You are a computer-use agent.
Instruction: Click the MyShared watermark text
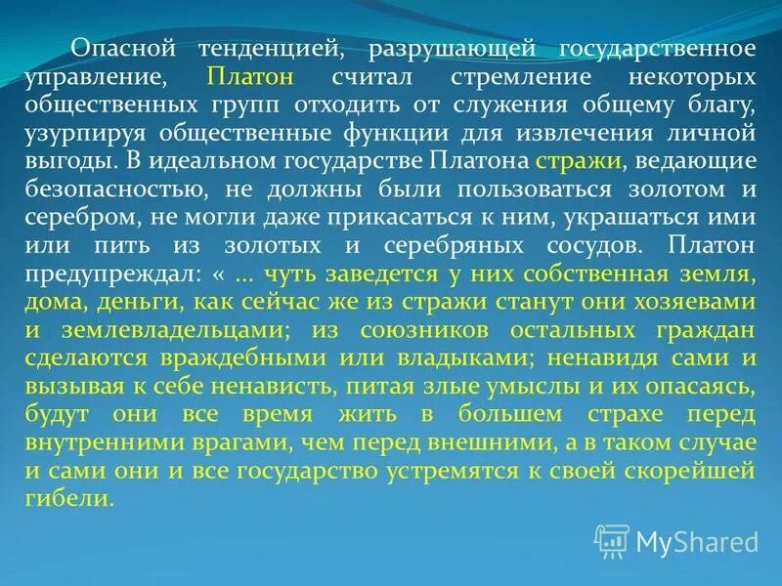coord(697,540)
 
